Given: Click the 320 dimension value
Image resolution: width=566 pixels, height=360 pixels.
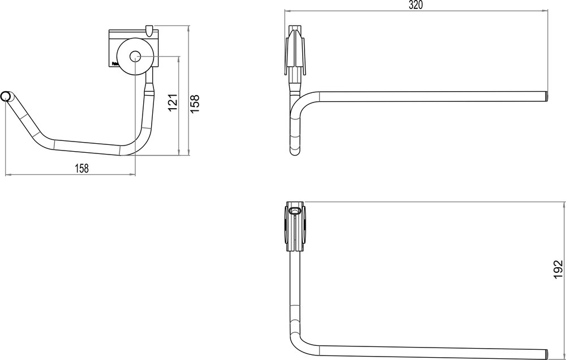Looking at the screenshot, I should click(x=415, y=5).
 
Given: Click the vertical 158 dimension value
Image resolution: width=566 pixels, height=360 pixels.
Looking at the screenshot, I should click(x=195, y=104).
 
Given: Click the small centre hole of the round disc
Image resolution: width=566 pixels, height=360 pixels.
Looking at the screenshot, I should click(x=135, y=56).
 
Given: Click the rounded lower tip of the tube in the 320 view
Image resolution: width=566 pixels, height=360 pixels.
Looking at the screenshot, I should click(x=295, y=152).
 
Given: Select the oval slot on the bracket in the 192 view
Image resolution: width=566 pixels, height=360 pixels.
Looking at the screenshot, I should click(x=294, y=211).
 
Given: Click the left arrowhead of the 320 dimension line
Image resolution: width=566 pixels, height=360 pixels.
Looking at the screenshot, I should click(x=285, y=11).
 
